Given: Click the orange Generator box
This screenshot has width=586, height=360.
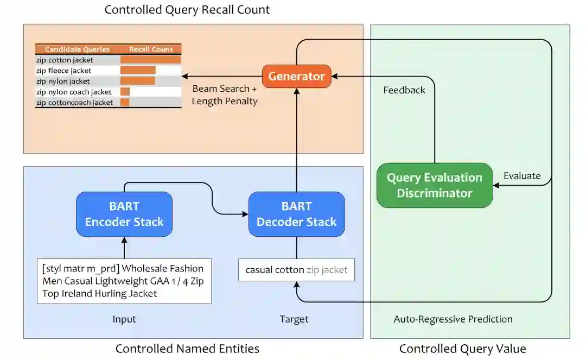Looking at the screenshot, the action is click(x=296, y=76).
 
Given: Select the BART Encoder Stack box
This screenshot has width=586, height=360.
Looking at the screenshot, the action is click(x=124, y=214).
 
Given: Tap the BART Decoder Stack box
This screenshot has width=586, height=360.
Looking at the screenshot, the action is click(x=296, y=214).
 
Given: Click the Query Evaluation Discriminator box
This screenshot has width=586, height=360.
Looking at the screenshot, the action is click(x=435, y=185).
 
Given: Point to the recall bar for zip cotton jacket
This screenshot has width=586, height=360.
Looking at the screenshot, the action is click(x=150, y=60).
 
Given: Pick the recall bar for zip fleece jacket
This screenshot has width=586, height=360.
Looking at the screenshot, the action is click(x=138, y=70).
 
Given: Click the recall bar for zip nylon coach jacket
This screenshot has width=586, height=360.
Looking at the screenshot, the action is click(x=125, y=92).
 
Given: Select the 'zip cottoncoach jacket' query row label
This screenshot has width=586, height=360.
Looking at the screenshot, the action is click(x=74, y=103).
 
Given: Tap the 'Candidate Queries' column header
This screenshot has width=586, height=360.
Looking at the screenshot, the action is click(x=78, y=49).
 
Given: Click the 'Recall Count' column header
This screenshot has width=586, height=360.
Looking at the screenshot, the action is click(x=151, y=49).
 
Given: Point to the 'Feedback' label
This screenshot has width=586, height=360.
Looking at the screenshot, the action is click(x=404, y=90).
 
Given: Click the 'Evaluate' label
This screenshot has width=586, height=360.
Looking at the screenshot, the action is click(x=522, y=176).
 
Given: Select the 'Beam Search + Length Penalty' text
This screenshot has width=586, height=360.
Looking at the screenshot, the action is click(x=225, y=95).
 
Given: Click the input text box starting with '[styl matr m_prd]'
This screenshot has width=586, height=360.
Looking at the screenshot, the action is click(x=124, y=281).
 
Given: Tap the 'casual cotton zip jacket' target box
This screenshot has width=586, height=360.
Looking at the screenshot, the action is click(x=296, y=270).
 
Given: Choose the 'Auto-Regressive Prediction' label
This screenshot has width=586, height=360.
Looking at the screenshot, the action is click(x=453, y=319).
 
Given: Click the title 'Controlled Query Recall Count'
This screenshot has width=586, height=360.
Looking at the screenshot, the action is click(x=187, y=10).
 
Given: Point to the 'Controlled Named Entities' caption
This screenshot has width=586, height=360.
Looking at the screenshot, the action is click(x=187, y=349).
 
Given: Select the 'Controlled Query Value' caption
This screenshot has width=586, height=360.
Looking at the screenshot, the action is click(x=463, y=349).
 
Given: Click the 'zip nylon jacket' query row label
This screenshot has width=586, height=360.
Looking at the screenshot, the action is click(x=63, y=81).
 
